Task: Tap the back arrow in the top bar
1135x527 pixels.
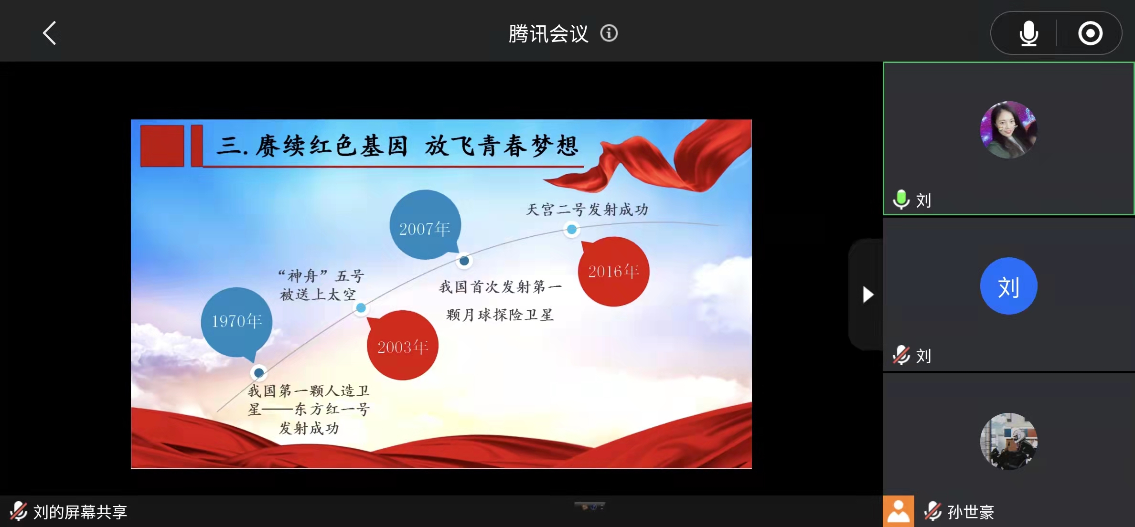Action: tap(50, 33)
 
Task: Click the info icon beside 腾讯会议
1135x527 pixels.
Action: tap(609, 33)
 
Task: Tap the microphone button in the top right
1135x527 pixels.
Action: tap(1028, 33)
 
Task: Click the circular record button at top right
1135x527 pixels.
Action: tap(1090, 33)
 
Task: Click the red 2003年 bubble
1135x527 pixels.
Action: tap(402, 345)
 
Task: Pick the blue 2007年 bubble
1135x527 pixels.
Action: tap(425, 225)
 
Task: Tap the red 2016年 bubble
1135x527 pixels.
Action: tap(613, 271)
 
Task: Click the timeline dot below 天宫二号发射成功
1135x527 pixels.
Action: tap(571, 230)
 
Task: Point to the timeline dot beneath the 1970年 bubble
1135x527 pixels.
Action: tap(259, 372)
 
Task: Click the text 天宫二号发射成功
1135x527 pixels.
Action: tap(587, 209)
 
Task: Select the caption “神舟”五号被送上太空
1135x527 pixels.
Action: tap(321, 285)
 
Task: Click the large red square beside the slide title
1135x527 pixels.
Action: tap(162, 146)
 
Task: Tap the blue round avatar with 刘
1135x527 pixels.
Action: tap(1008, 286)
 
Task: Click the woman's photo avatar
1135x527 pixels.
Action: tap(1008, 130)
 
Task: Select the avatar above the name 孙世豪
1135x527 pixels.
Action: tap(1008, 442)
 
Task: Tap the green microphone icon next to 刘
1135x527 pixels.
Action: tap(901, 200)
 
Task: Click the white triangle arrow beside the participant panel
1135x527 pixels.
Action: tap(868, 295)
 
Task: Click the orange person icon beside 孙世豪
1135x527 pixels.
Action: tap(899, 511)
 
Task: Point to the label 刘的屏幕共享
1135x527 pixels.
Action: tap(80, 512)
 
